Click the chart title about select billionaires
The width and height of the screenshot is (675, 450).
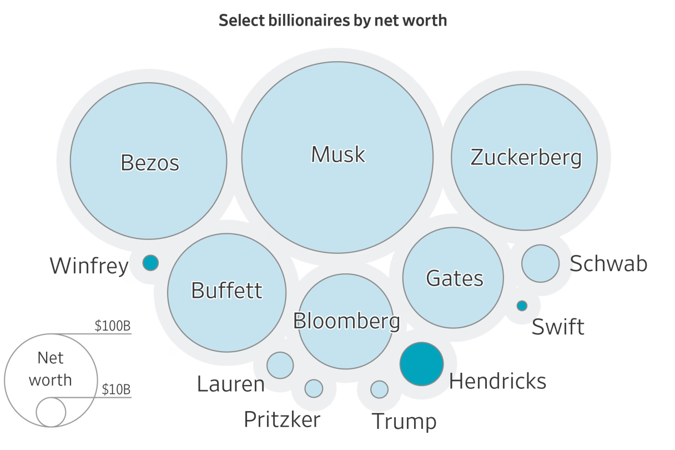333,21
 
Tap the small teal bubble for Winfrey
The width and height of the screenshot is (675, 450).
150,262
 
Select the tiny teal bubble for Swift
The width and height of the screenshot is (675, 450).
522,306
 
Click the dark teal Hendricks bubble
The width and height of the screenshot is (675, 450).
422,364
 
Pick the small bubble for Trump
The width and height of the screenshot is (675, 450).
379,389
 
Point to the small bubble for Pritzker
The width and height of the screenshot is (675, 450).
314,388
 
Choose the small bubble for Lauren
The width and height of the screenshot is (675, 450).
280,365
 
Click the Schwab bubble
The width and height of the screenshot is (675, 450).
540,263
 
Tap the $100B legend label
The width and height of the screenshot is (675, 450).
113,326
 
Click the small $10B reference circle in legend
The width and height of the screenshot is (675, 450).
51,412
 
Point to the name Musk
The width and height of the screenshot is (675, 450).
338,154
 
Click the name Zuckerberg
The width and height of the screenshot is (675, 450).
526,157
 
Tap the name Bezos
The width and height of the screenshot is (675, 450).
150,163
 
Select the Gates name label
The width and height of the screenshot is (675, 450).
455,278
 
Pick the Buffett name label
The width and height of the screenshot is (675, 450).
226,290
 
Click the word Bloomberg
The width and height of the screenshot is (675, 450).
346,321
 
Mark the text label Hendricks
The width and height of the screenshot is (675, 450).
497,381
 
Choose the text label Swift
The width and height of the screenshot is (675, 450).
558,327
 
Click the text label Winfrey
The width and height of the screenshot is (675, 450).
89,266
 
